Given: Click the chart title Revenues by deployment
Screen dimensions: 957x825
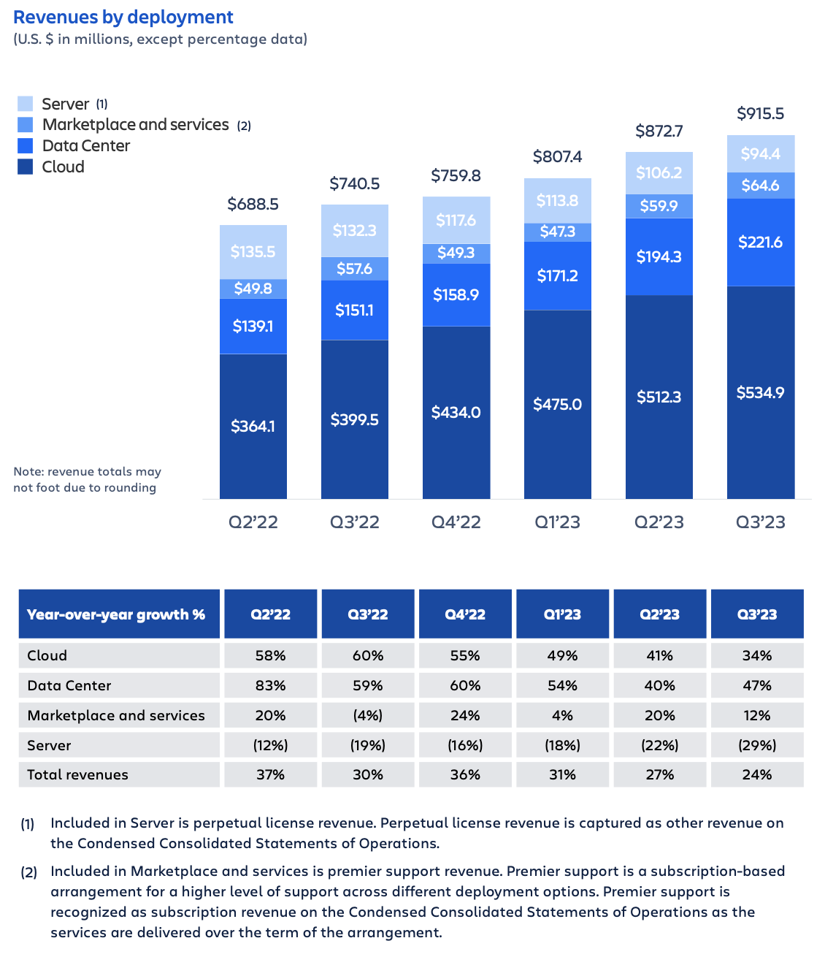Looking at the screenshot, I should [x=123, y=18].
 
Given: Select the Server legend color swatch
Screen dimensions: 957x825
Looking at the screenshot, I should [x=26, y=104].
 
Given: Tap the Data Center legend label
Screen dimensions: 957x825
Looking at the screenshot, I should [x=86, y=146].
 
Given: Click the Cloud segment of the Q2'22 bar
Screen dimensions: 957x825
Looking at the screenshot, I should [x=253, y=426].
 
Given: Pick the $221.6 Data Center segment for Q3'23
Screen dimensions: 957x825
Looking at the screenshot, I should [x=760, y=243].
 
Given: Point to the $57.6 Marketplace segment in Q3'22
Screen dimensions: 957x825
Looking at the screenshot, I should [x=355, y=269].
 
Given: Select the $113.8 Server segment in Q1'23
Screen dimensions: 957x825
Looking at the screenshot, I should [x=557, y=201].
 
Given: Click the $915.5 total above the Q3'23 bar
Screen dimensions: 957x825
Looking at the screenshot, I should [x=760, y=114].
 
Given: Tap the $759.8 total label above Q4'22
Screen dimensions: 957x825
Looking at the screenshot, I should [x=456, y=176].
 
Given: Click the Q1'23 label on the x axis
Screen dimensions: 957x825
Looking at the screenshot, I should [x=557, y=522].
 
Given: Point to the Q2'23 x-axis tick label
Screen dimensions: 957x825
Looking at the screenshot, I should [x=659, y=522].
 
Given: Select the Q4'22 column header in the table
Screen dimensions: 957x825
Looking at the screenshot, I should [x=465, y=614].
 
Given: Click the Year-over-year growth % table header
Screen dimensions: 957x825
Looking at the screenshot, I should [x=117, y=614].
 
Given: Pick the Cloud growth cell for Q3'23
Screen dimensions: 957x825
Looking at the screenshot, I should [x=757, y=656].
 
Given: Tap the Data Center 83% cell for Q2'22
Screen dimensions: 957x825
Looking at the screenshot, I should [x=270, y=686].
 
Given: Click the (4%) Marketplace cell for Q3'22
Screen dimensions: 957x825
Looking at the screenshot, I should [x=368, y=716].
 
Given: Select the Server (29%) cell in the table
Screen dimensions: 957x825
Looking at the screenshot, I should [x=757, y=746].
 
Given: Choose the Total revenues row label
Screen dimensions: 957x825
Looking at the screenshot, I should [x=77, y=775].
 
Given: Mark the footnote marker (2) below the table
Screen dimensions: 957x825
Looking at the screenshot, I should [x=28, y=872].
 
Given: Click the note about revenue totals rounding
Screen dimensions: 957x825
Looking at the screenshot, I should [x=87, y=480].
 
